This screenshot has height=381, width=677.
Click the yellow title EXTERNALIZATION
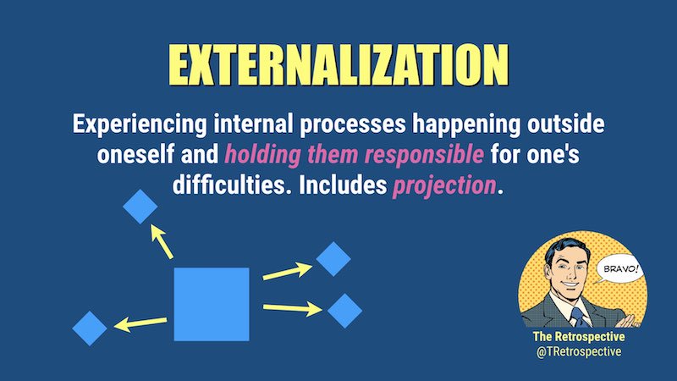point(338,64)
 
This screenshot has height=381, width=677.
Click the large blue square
point(211,304)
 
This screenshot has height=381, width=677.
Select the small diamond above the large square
point(140,206)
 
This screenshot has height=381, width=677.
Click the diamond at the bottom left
point(91,328)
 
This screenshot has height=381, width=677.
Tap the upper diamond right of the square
point(333,258)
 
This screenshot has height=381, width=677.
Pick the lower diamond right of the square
point(344,311)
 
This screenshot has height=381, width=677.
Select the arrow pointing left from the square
point(140,322)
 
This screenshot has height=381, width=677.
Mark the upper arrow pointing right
point(287,272)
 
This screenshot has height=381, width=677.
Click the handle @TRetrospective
point(580,351)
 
